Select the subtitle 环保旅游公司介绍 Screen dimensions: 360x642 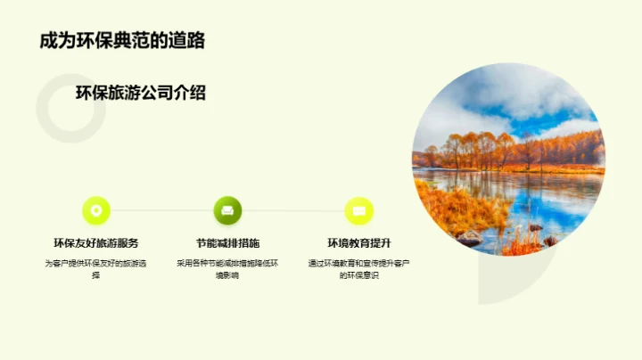point(141,93)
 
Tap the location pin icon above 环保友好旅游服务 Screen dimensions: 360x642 point(96,210)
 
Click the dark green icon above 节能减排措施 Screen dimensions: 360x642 point(227,210)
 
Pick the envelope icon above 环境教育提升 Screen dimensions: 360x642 point(358,210)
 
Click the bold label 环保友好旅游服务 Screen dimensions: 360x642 point(96,243)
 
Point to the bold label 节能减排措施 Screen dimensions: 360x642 point(227,243)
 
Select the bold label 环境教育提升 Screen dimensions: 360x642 point(358,243)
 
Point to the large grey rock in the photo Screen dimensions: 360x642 point(469,238)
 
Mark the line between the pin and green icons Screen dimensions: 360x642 point(161,211)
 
